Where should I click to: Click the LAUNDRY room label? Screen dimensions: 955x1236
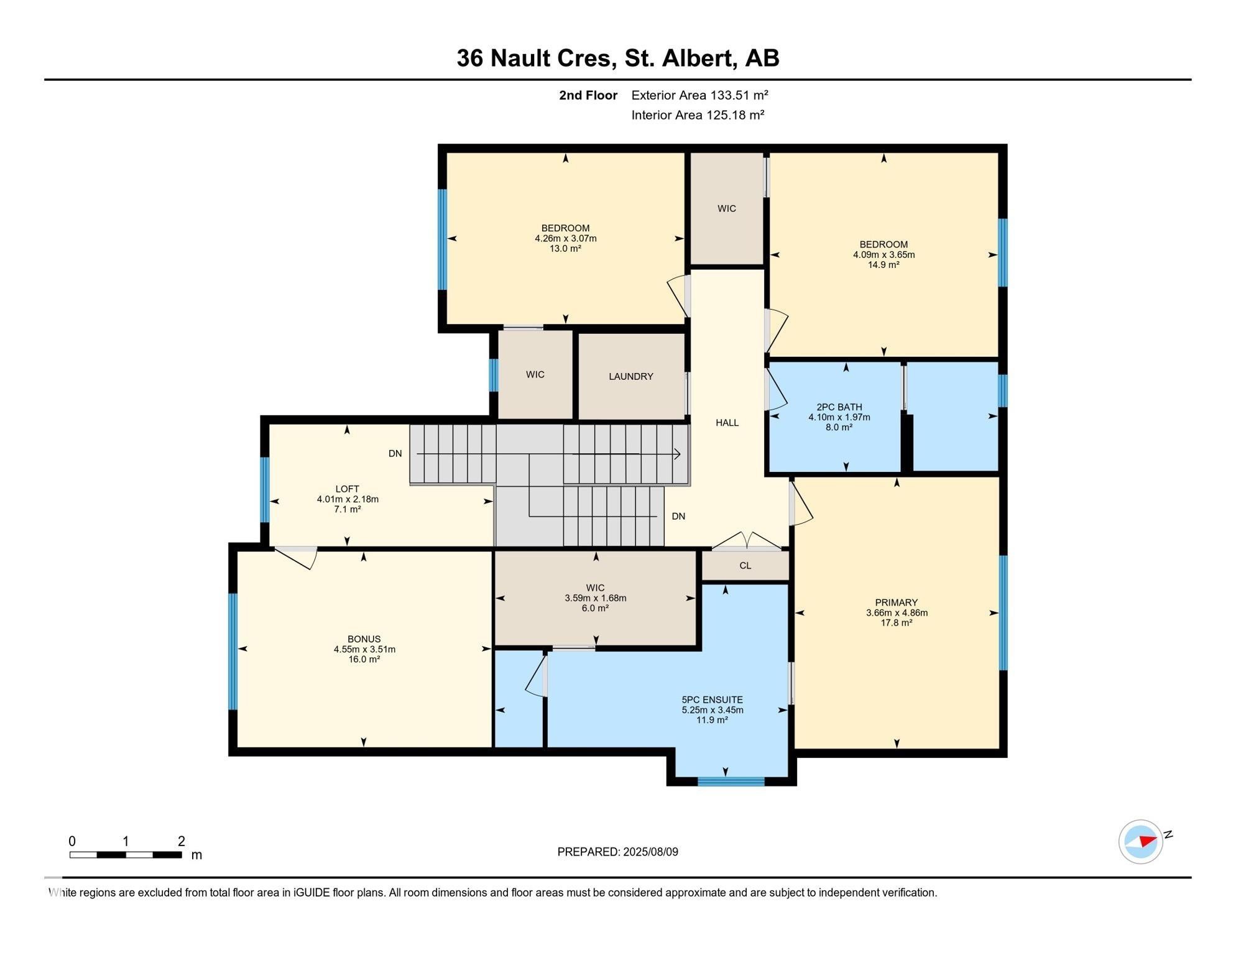click(630, 376)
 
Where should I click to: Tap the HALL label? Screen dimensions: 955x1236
click(727, 423)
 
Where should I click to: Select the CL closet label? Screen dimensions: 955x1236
click(745, 566)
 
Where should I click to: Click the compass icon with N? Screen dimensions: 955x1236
click(1141, 841)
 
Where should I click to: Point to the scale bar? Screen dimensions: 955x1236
click(126, 855)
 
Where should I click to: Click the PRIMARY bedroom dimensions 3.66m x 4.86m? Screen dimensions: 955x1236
click(896, 612)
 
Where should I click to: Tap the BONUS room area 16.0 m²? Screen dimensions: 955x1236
click(364, 660)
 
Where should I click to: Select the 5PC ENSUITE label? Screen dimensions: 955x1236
click(712, 699)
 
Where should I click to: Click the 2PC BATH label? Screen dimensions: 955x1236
click(839, 407)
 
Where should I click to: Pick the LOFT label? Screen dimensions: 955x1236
click(347, 489)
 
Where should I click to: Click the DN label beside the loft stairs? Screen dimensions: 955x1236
click(395, 453)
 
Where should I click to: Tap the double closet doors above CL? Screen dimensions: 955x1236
click(746, 541)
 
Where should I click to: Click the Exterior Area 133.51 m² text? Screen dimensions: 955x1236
click(699, 95)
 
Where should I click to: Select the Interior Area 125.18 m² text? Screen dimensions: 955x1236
click(697, 115)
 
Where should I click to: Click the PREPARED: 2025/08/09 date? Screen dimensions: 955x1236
click(617, 852)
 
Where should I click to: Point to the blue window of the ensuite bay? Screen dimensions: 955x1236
click(731, 782)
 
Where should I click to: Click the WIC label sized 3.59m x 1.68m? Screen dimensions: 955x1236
click(595, 588)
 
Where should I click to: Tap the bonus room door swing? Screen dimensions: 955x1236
click(298, 558)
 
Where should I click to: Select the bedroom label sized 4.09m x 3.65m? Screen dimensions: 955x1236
click(883, 244)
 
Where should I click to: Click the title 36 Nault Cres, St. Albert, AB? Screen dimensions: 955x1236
click(617, 58)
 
